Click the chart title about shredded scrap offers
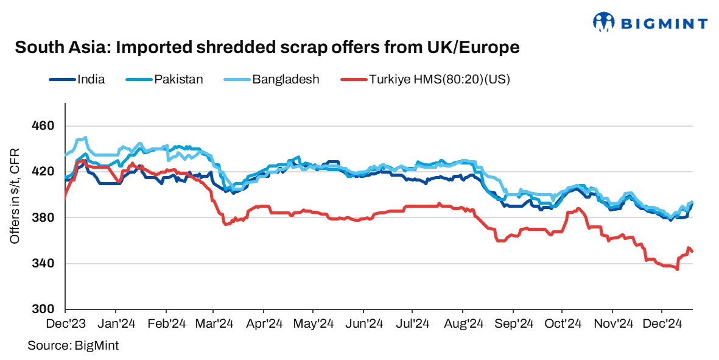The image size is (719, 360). tap(267, 48)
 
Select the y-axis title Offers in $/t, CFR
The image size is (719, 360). tap(15, 196)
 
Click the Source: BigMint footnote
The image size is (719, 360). tap(72, 345)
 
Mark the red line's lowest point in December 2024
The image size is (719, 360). tap(677, 269)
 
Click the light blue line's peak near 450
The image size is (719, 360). tap(85, 138)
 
